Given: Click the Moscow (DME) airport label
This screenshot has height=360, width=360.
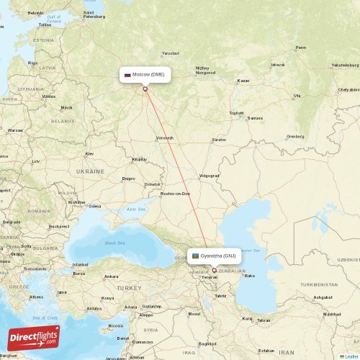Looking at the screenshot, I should tap(148, 74).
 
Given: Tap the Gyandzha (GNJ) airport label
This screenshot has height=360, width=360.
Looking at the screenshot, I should tap(218, 256).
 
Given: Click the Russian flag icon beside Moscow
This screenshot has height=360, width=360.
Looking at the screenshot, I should tap(128, 74).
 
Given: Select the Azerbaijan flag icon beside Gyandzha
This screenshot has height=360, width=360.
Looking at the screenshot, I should tap(194, 256).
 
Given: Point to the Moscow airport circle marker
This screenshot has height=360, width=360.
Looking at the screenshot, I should tap(145, 89).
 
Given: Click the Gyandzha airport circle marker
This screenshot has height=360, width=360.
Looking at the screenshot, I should tap(214, 271).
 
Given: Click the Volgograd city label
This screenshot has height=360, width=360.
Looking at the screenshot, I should tap(209, 176).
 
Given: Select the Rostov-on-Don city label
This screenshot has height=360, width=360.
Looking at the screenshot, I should tap(176, 193).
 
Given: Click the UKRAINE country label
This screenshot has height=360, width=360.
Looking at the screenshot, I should tap(90, 171).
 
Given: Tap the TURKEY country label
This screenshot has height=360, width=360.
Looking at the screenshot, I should tap(130, 287).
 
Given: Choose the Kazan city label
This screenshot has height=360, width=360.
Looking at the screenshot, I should tap(243, 81).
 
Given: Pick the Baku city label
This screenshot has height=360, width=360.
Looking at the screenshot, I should tap(250, 275).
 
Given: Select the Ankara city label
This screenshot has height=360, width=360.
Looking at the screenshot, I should tap(111, 276).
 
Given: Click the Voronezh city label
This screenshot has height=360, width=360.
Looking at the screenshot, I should tap(165, 138).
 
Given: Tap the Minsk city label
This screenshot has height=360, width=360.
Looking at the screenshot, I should tap(66, 107).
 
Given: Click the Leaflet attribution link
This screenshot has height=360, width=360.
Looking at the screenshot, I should tap(350, 356).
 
